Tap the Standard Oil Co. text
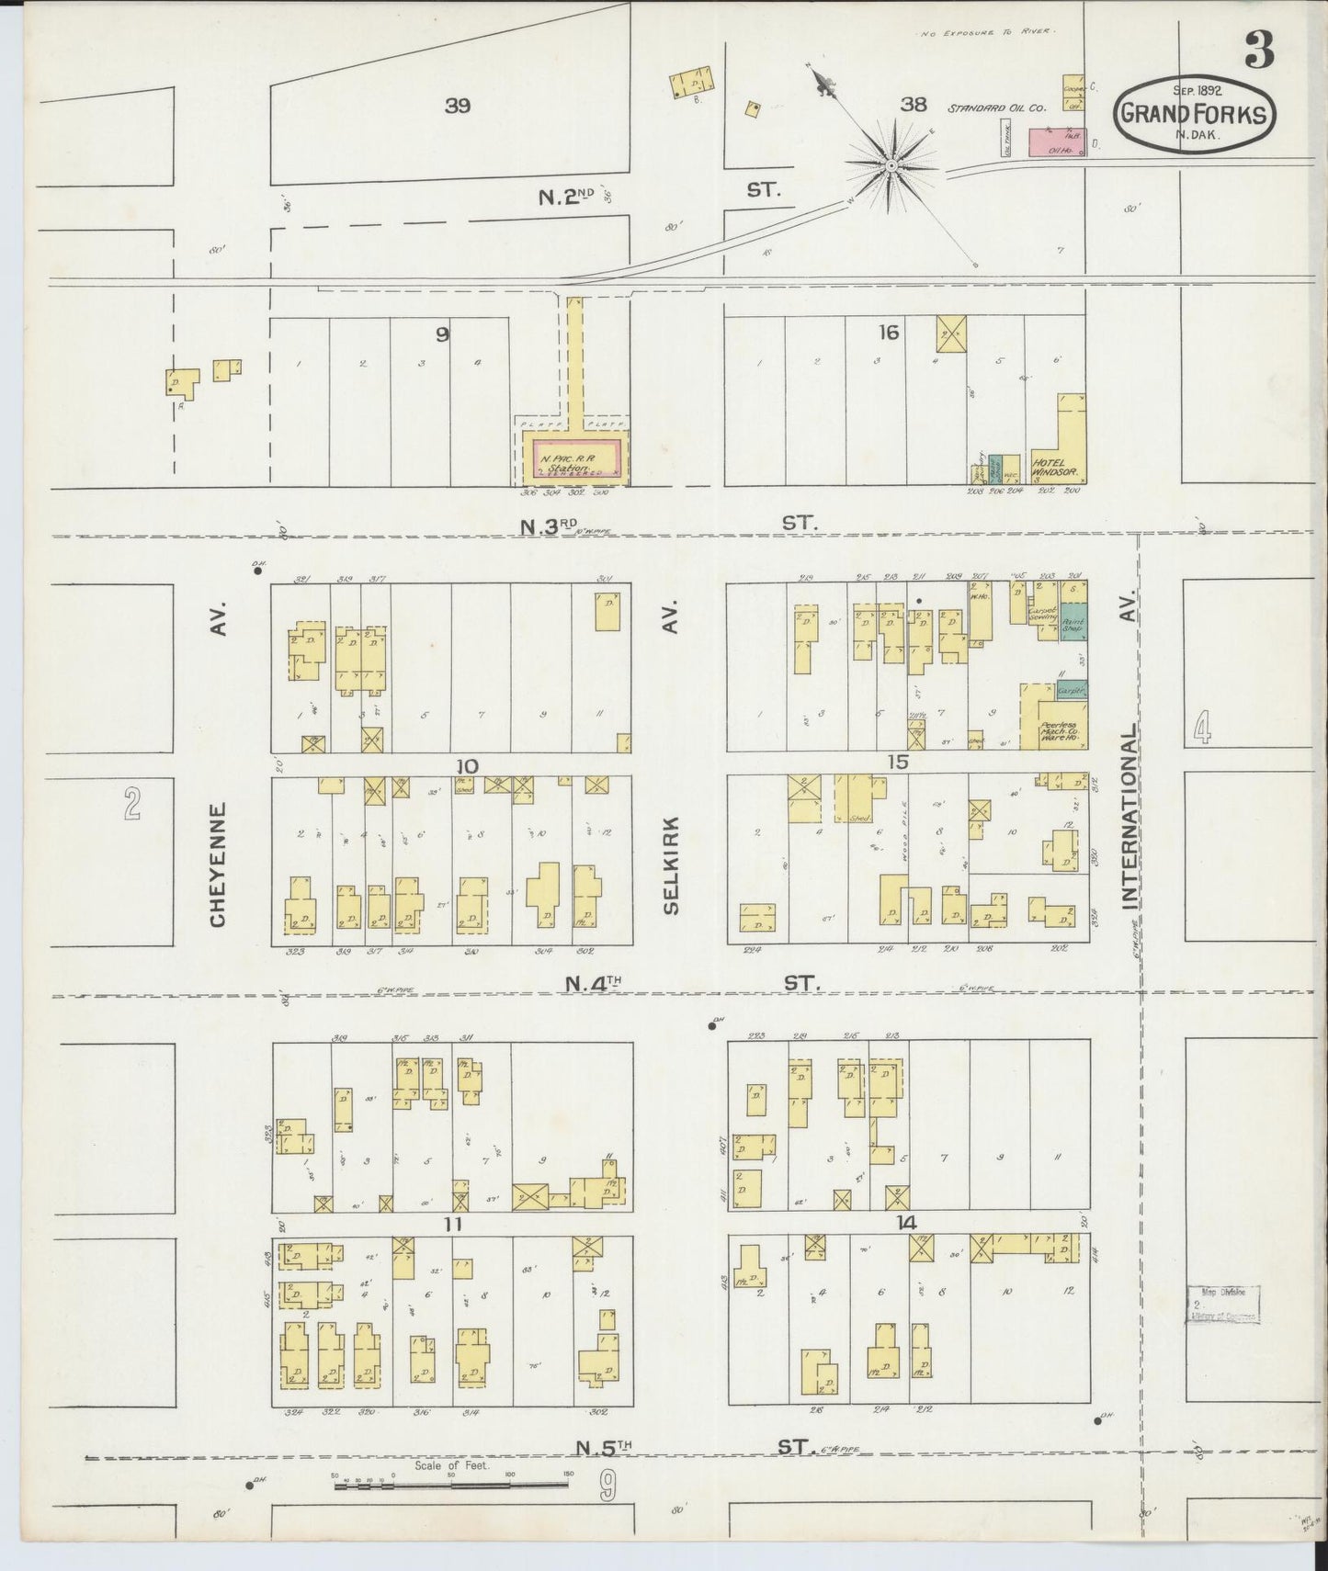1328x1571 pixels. click(x=997, y=108)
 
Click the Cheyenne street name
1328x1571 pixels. click(x=218, y=865)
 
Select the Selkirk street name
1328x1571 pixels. click(x=670, y=865)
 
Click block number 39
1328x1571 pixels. click(x=458, y=106)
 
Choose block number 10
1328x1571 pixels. click(x=468, y=765)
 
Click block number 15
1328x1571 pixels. click(x=899, y=762)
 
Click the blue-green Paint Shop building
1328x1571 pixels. click(x=1073, y=622)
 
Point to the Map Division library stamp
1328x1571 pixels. click(x=1221, y=1304)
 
